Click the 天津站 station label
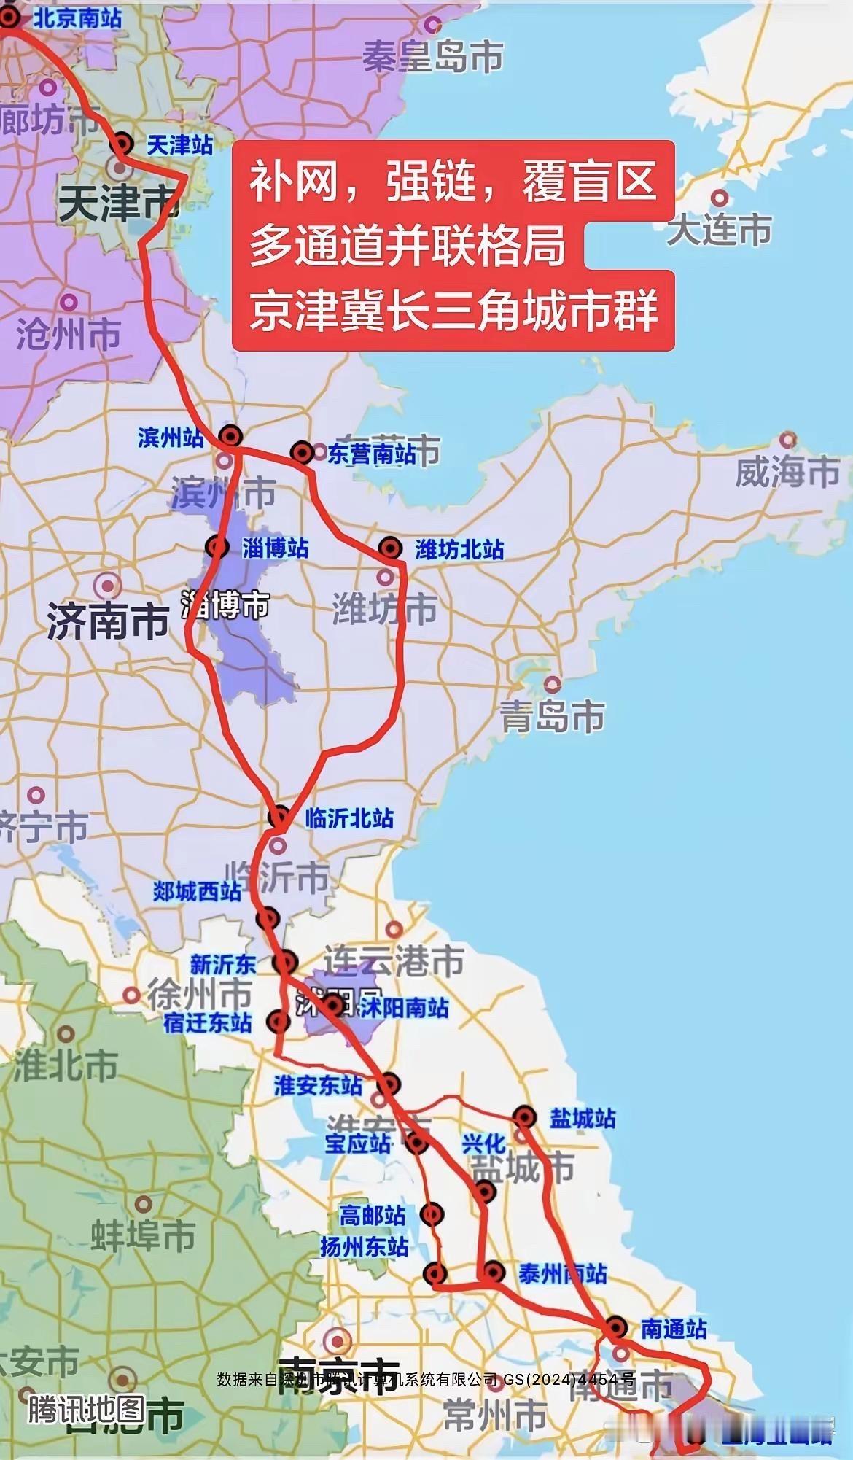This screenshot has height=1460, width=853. (x=179, y=145)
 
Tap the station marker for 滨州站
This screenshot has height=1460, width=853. (x=231, y=436)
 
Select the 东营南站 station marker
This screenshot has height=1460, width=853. (x=302, y=453)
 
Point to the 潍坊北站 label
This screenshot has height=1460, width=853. (x=459, y=549)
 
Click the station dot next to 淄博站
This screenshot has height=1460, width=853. (x=217, y=546)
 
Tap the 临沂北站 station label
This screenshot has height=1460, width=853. (x=349, y=818)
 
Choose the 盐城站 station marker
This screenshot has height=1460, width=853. (x=525, y=1117)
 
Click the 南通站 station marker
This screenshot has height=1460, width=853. (x=616, y=1327)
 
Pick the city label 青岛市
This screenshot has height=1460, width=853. (x=553, y=716)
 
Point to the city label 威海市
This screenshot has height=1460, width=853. (x=787, y=472)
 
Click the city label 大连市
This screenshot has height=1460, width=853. (x=719, y=230)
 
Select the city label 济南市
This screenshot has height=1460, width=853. (x=108, y=622)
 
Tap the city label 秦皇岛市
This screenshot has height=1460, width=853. (x=433, y=55)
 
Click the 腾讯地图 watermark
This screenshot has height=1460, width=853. (x=87, y=1409)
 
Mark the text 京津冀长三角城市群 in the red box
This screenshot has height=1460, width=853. (x=453, y=309)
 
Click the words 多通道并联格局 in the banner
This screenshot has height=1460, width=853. (x=408, y=244)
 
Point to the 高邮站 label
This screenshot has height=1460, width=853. (x=372, y=1216)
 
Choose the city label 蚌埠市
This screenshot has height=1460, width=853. (x=143, y=1236)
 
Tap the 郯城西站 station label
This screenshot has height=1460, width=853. (x=197, y=891)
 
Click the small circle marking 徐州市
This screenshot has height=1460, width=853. (x=131, y=995)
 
